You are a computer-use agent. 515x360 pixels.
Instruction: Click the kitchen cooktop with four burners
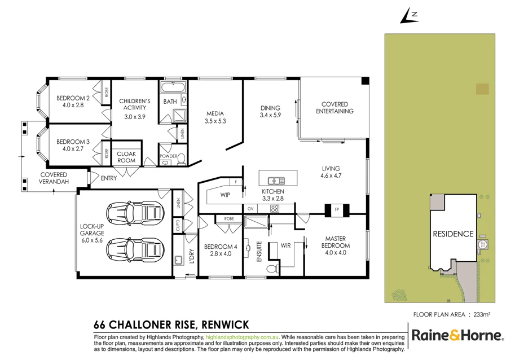point(275,209)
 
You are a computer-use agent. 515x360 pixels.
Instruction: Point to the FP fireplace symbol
point(337,209)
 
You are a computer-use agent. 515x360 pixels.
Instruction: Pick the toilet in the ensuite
point(272,269)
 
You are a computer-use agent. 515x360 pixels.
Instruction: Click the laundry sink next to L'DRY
point(178,261)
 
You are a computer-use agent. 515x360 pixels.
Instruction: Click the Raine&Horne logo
point(457,336)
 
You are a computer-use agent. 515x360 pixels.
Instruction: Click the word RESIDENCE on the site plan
point(453,234)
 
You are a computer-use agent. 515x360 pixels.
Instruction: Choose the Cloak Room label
point(126,157)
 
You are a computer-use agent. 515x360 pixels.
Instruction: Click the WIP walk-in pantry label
point(225,195)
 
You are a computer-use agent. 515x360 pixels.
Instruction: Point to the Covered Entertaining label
point(334,107)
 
